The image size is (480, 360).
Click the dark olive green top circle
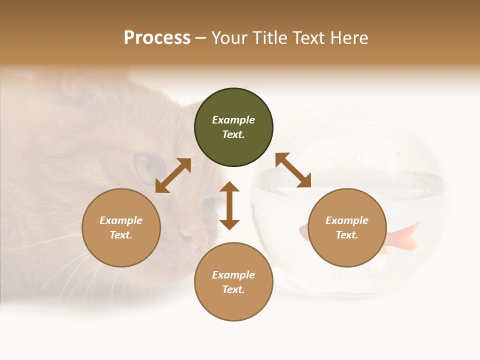[x=233, y=127]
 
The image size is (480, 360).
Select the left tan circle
[x=121, y=227]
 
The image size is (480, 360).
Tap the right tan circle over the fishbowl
[x=347, y=227]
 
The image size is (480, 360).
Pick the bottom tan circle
[x=233, y=281]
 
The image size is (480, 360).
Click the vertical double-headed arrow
[x=229, y=205]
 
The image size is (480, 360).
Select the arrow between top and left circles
[x=173, y=175]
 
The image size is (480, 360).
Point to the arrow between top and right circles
[x=293, y=170]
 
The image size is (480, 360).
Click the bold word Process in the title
[x=157, y=37]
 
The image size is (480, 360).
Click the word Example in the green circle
[x=233, y=120]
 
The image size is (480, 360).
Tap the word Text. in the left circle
[x=121, y=235]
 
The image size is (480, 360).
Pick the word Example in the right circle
[x=347, y=220]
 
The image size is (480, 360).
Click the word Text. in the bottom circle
[x=233, y=289]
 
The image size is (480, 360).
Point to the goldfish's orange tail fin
[x=407, y=235]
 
